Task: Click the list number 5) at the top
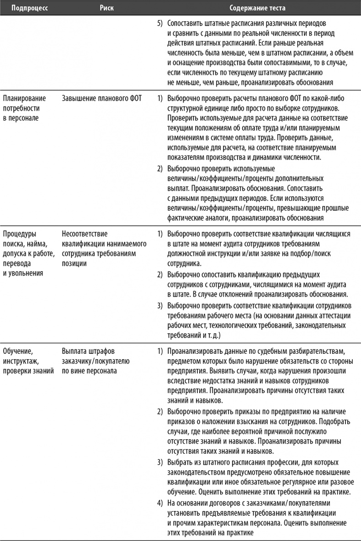tap(160, 22)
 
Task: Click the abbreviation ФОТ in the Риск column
tap(129, 99)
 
